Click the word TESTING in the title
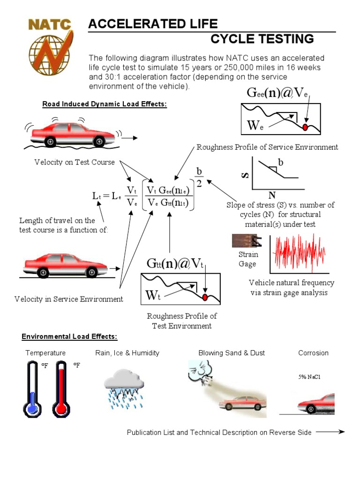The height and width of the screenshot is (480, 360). pos(286,39)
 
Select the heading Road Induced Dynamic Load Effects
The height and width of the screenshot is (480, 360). pos(105,104)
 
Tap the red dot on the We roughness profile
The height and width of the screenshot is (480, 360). pos(306,127)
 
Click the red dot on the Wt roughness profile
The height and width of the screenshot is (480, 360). pos(205,297)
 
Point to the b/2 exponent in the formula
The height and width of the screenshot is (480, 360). pos(199,178)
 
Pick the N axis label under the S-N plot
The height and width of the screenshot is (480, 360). pos(271,195)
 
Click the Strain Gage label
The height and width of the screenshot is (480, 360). pos(247,259)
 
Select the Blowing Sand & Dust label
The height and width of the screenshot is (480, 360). pos(232,353)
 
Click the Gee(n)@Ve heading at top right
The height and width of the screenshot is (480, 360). pos(277,93)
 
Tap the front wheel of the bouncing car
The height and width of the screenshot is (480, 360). pos(99,141)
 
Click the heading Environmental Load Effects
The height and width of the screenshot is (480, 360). pos(69,337)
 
